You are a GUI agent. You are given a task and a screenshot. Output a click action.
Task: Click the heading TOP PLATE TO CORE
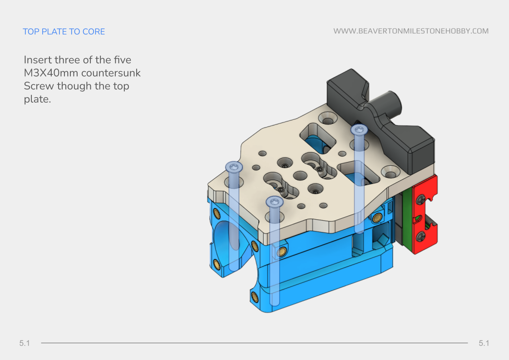click(x=64, y=31)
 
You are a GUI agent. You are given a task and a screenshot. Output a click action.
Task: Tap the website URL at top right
click(x=410, y=31)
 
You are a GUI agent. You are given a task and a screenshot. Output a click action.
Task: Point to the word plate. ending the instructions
click(x=37, y=99)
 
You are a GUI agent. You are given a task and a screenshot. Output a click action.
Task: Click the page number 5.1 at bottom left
click(x=25, y=343)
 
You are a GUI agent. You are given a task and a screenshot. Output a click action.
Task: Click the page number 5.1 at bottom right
click(x=484, y=343)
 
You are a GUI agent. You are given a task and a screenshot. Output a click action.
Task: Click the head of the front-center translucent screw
click(x=275, y=202)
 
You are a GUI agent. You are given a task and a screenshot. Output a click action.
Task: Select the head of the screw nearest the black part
click(x=359, y=130)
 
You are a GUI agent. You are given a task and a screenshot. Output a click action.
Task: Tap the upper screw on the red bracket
click(x=422, y=199)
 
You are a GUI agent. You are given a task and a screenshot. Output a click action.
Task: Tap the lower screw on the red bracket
click(x=422, y=236)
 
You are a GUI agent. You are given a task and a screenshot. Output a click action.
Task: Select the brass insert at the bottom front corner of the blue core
click(x=254, y=297)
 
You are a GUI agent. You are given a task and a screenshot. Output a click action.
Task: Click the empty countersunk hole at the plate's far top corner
click(x=328, y=119)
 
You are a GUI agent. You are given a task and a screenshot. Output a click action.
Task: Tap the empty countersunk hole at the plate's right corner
click(x=390, y=172)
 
